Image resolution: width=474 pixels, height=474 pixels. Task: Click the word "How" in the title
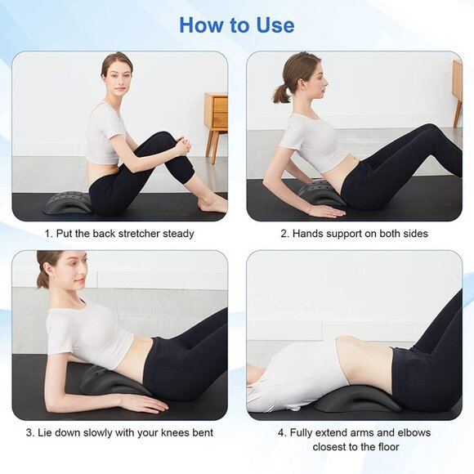pos(201,25)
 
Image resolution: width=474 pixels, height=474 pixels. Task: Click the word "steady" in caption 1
pos(177,234)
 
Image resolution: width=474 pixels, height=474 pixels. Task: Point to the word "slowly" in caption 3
pos(107,432)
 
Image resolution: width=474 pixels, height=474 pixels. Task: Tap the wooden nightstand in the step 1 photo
pos(216,114)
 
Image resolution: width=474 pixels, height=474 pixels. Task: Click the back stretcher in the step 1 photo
pos(68,203)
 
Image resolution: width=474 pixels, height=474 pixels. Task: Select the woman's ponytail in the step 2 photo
pos(282,92)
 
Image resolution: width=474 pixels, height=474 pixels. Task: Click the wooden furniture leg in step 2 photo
pos(458,110)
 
